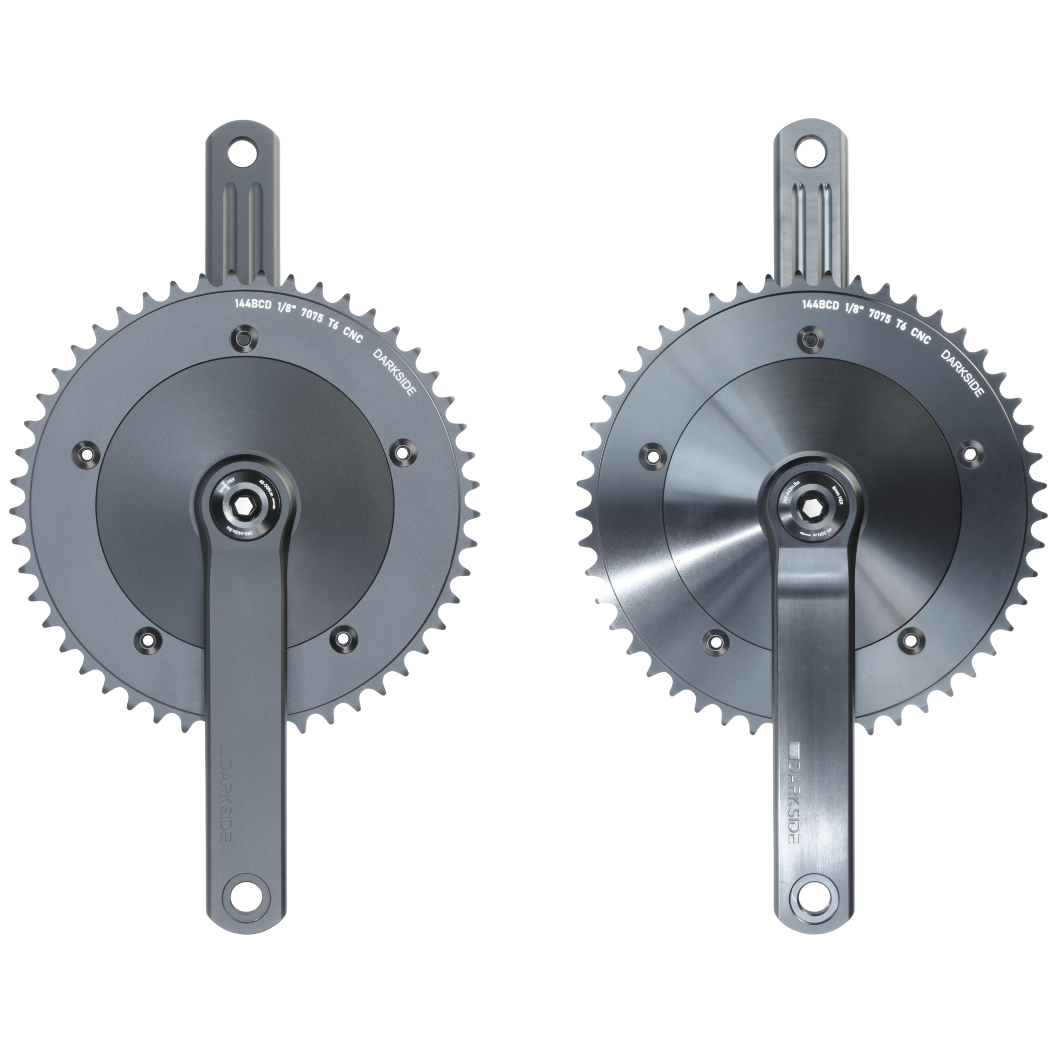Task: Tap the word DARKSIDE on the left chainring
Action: [x=394, y=372]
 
